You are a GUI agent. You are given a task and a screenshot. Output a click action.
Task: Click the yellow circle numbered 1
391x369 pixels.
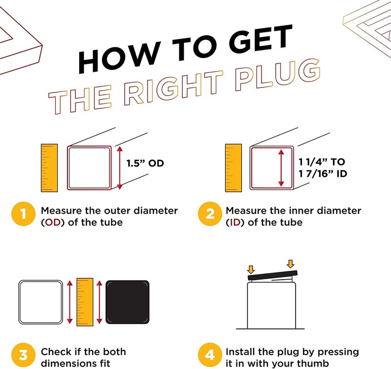click(x=23, y=214)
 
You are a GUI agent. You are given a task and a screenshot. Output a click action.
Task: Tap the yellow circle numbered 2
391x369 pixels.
click(x=210, y=214)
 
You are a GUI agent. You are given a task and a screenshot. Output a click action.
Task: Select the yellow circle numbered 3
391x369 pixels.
click(x=23, y=355)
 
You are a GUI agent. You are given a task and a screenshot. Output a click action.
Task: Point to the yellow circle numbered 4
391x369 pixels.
click(x=210, y=355)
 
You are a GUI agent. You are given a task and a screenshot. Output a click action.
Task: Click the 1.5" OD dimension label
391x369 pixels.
click(x=145, y=164)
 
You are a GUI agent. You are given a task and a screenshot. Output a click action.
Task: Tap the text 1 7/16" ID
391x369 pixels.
click(x=323, y=174)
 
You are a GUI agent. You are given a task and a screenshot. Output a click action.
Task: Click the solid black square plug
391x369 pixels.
click(x=128, y=302)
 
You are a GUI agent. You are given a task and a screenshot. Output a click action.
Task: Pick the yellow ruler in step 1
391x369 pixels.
click(x=49, y=168)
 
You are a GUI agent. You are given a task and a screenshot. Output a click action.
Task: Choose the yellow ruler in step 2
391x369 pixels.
click(x=234, y=168)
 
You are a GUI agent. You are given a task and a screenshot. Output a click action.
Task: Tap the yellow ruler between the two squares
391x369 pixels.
click(x=85, y=302)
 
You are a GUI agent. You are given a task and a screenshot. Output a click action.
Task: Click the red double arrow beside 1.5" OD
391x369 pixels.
click(x=120, y=168)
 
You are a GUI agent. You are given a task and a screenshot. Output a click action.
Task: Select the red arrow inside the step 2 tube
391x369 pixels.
click(x=281, y=168)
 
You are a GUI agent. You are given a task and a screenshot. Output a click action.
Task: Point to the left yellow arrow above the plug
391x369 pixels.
click(x=251, y=269)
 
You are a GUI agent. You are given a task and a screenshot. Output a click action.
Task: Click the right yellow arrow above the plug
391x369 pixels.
click(x=290, y=264)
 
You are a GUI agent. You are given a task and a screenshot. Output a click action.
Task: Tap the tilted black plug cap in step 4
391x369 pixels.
click(x=273, y=275)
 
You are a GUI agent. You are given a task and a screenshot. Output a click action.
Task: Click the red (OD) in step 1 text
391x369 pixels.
click(x=53, y=223)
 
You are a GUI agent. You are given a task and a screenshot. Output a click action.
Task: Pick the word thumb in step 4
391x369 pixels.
click(x=313, y=363)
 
